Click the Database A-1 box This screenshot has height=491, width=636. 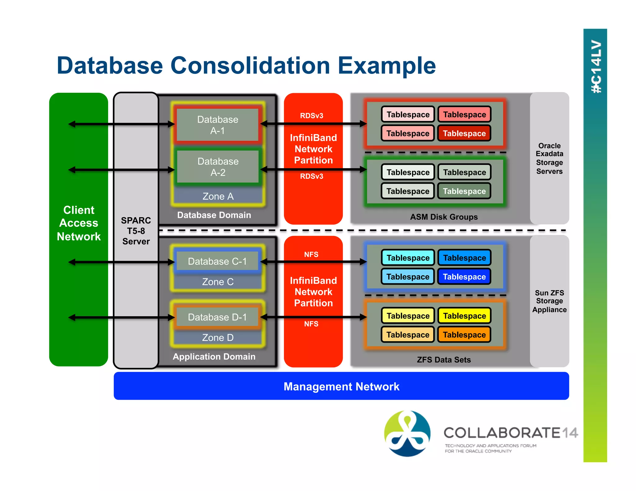pyautogui.click(x=218, y=125)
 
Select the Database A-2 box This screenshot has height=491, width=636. pyautogui.click(x=218, y=167)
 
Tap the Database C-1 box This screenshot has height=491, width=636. pyautogui.click(x=217, y=261)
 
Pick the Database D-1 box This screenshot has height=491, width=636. pyautogui.click(x=217, y=317)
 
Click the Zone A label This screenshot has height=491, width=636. pyautogui.click(x=218, y=196)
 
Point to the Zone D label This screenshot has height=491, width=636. pyautogui.click(x=218, y=338)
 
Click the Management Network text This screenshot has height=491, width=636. pyautogui.click(x=341, y=386)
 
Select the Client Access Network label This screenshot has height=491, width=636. pyautogui.click(x=79, y=223)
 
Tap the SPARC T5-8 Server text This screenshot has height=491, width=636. pyautogui.click(x=136, y=231)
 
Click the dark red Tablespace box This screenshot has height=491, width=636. pyautogui.click(x=464, y=133)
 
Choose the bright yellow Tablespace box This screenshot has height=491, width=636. pyautogui.click(x=464, y=316)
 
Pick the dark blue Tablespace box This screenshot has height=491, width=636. pyautogui.click(x=464, y=277)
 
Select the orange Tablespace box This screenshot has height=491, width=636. pyautogui.click(x=464, y=335)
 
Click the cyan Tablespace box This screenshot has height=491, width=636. pyautogui.click(x=408, y=258)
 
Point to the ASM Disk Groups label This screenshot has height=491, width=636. pyautogui.click(x=444, y=217)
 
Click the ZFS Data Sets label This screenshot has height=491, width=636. pyautogui.click(x=444, y=360)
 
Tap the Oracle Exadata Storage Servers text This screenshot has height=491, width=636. pyautogui.click(x=549, y=158)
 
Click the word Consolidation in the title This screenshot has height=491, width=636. pyautogui.click(x=250, y=66)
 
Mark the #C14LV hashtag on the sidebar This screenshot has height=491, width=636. pyautogui.click(x=596, y=66)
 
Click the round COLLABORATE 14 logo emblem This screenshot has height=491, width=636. pyautogui.click(x=407, y=433)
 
